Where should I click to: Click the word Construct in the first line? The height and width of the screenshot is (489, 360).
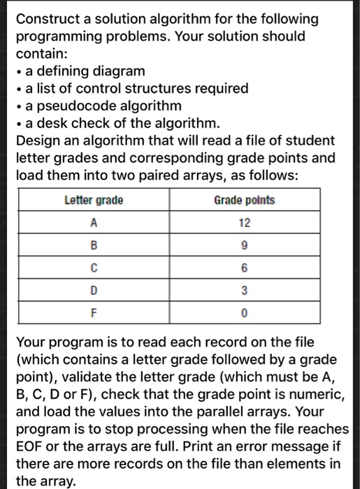50,18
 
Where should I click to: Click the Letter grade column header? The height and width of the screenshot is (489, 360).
94,200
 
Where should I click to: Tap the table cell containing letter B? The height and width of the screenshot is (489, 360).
94,246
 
